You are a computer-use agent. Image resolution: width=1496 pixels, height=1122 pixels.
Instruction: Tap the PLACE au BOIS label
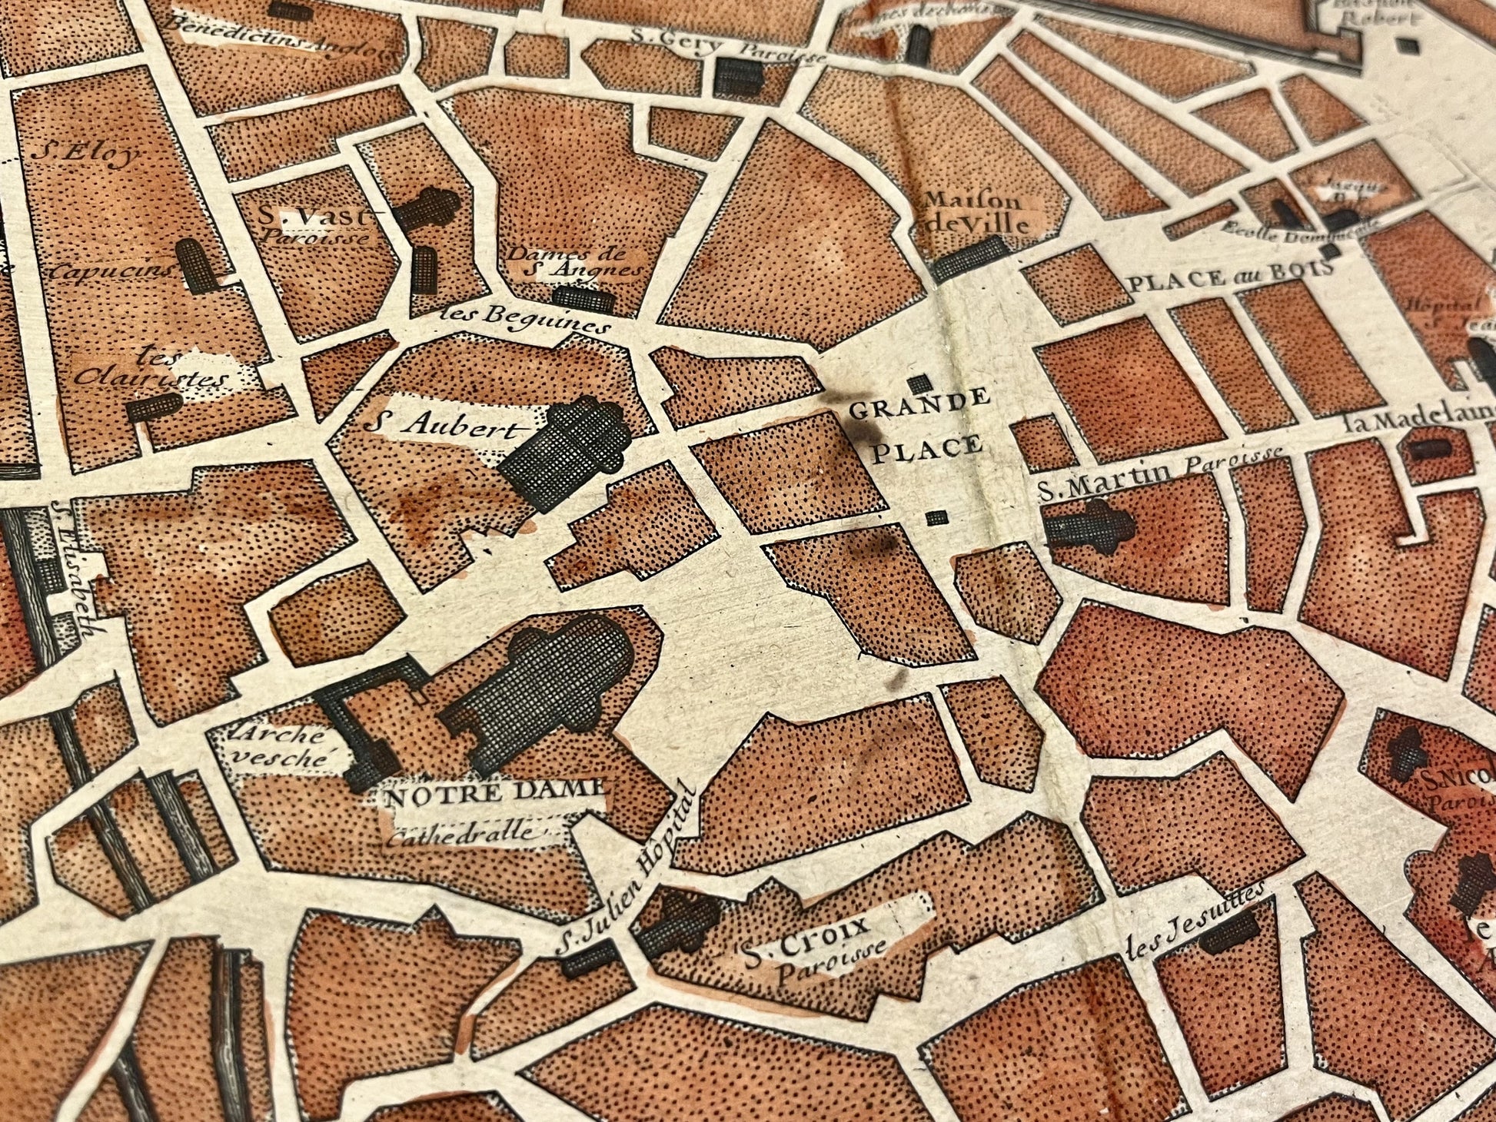[x=1229, y=276]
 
